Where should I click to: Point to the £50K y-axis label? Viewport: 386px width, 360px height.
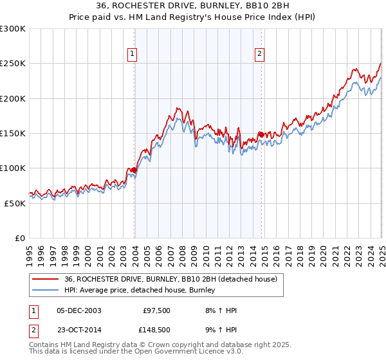coord(15,203)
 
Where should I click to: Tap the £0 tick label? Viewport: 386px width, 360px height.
coord(19,238)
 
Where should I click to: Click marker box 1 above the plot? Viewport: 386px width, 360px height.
coord(132,55)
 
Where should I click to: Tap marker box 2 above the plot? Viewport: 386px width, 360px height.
coord(259,55)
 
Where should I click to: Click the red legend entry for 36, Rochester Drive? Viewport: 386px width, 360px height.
coord(170,280)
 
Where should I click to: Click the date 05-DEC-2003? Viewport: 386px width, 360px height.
coord(79,310)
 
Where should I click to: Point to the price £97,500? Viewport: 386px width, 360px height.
coord(157,310)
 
